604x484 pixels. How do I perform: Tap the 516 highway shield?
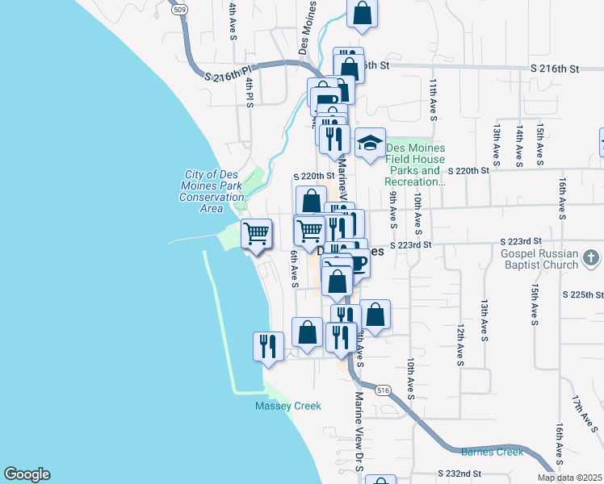pos(384,390)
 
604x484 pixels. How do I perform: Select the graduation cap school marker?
pos(370,144)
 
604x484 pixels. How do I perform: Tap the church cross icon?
pos(591,258)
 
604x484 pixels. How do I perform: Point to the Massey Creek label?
pos(288,406)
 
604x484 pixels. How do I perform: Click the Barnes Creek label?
pos(492,452)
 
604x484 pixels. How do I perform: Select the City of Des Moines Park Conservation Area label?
pos(212,191)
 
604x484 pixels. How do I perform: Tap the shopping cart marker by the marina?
pos(257,234)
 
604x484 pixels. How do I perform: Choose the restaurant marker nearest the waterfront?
pos(266,346)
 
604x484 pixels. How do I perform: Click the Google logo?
pos(27,474)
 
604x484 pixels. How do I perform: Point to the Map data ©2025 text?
pos(569,478)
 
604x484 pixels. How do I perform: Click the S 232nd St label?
pos(459,473)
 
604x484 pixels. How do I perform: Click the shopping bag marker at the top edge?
pos(363,13)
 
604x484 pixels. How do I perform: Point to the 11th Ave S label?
pos(434,100)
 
